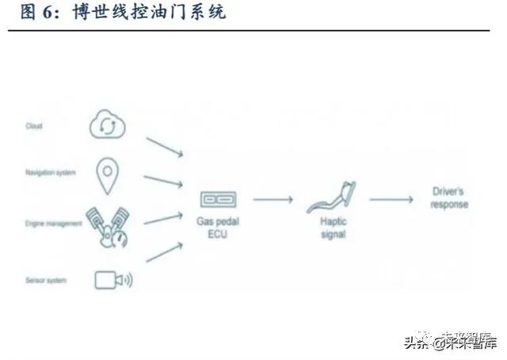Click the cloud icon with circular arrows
click(109, 125)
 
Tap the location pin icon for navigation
click(109, 175)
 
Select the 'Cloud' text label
click(33, 126)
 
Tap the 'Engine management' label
click(54, 224)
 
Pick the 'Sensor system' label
click(46, 280)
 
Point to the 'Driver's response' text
click(449, 198)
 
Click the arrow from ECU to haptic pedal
click(273, 200)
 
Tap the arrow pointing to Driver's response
click(391, 200)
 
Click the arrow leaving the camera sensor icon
click(165, 252)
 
